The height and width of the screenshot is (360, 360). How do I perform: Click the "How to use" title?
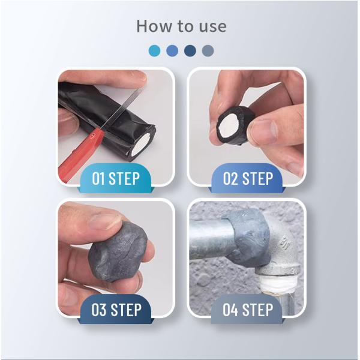coord(181,26)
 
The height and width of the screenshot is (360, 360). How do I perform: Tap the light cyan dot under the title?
coord(154,50)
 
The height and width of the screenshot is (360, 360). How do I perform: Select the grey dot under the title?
coord(208,50)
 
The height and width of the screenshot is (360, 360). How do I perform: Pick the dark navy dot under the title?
coord(190,50)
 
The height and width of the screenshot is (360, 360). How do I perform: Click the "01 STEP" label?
coord(116,178)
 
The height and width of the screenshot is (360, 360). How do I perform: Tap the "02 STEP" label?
coord(248,178)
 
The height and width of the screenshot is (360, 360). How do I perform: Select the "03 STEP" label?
coord(116,309)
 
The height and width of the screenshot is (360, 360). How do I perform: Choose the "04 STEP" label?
coord(248,309)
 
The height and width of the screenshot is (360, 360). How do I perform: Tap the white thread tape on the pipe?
coord(278,284)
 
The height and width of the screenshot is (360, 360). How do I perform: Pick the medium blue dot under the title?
coord(172,50)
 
